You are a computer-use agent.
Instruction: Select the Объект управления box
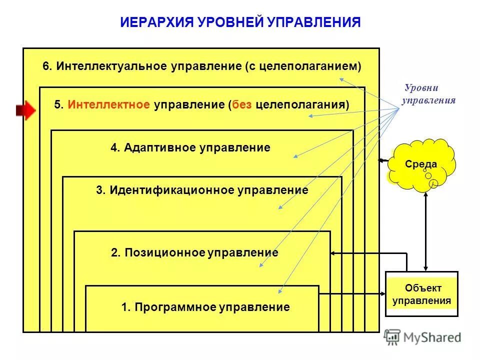pos(421,294)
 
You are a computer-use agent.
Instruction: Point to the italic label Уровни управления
pos(428,94)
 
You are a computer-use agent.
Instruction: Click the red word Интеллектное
pos(109,104)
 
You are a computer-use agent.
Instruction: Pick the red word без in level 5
pos(242,104)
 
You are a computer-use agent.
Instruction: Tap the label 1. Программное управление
pos(205,307)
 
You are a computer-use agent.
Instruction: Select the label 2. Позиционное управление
pos(194,252)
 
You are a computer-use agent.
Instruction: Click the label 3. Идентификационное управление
pos(202,190)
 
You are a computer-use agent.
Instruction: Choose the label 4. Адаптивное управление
pos(190,147)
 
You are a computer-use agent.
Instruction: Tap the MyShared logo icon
pos(392,337)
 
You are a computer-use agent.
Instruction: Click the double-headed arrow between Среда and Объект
pos(425,230)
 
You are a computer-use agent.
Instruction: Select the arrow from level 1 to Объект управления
pos(352,294)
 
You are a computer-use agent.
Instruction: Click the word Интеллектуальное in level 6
pos(113,66)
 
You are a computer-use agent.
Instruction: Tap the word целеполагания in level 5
pos(300,104)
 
